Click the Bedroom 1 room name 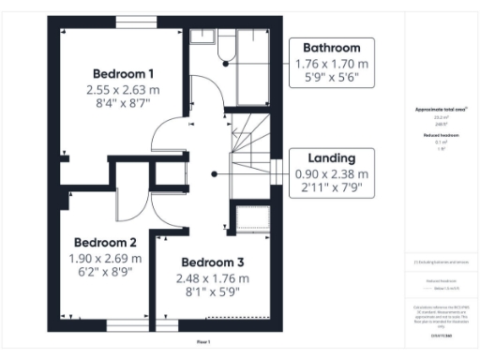point(124,73)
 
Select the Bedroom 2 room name point(105,240)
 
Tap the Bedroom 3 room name point(213,262)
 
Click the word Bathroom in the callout point(332,48)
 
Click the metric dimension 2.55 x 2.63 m point(124,90)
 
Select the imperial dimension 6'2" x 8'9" point(105,272)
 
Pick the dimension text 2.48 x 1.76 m point(213,278)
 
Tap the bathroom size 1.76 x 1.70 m point(332,64)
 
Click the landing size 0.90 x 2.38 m point(332,173)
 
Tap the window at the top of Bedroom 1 point(130,21)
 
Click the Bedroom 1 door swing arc point(169,141)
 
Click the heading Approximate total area point(441,110)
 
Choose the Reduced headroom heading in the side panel point(441,135)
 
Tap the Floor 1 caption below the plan point(203,342)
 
